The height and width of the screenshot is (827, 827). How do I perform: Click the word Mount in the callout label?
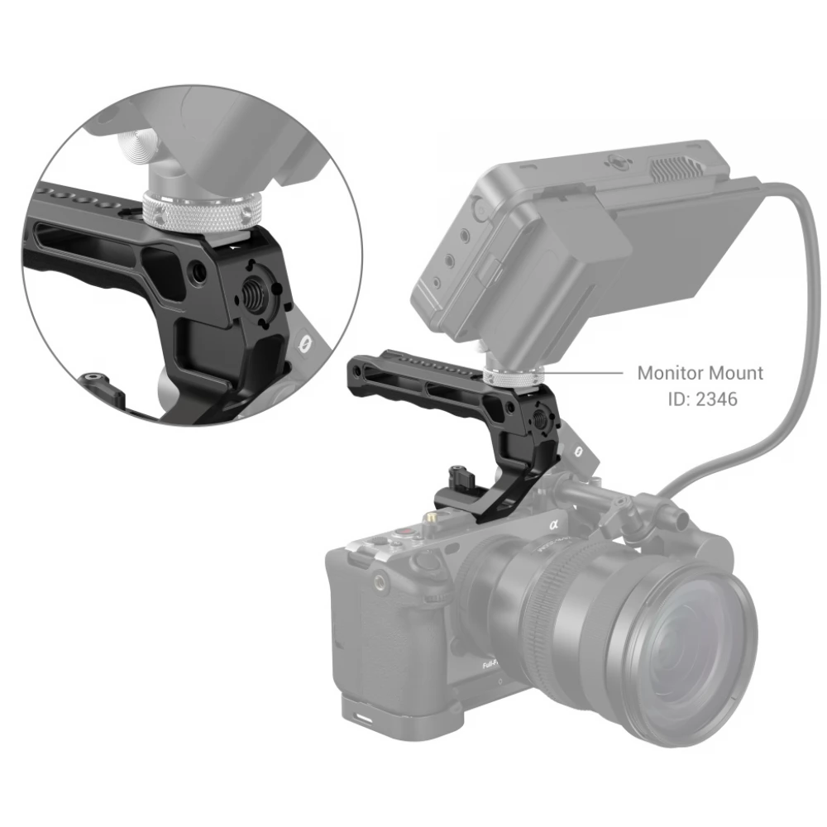[x=736, y=373]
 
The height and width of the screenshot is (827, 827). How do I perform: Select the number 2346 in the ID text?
[x=716, y=399]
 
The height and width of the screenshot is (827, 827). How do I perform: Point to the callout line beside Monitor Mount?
[x=583, y=372]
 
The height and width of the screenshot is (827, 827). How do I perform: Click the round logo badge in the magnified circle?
[x=304, y=344]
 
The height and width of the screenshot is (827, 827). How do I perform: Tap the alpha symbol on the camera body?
[x=553, y=524]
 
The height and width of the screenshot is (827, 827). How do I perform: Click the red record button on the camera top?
[x=404, y=532]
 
